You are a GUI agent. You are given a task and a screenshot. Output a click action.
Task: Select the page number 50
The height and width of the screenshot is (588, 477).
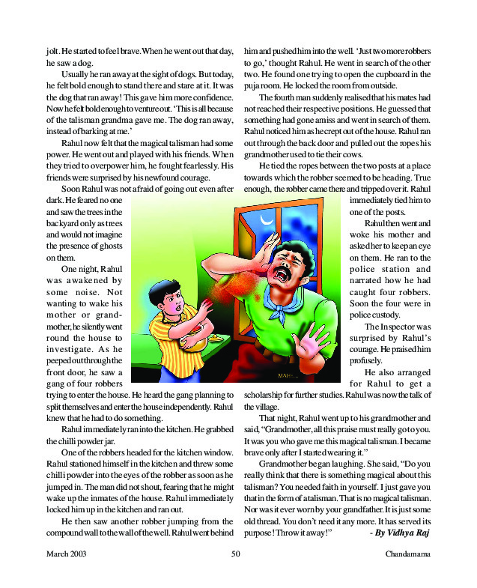[x=236, y=554]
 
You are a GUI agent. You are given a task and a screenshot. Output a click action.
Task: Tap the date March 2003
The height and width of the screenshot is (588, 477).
[x=67, y=554]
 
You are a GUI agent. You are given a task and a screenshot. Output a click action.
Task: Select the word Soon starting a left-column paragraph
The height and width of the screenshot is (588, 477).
[x=73, y=190]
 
